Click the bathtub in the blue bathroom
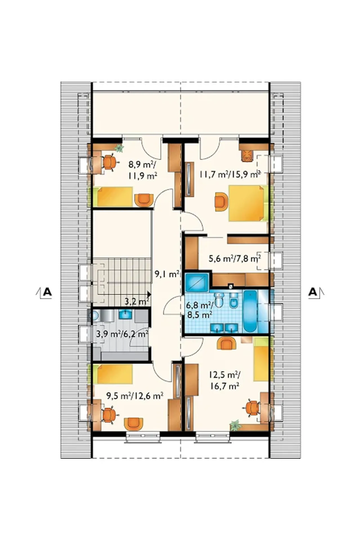pyautogui.click(x=250, y=311)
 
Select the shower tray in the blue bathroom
pyautogui.click(x=197, y=282)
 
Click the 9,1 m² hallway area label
pyautogui.click(x=167, y=274)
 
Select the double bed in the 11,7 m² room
pyautogui.click(x=247, y=203)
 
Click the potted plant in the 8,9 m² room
pyautogui.click(x=119, y=148)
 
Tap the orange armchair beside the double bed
pyautogui.click(x=221, y=201)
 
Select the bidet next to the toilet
pyautogui.click(x=233, y=300)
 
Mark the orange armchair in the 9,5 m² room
pyautogui.click(x=133, y=424)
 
